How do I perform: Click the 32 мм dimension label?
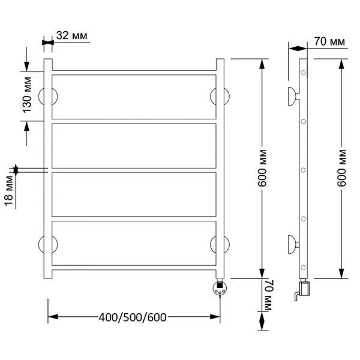tap(72, 36)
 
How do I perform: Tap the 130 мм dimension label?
tap(27, 95)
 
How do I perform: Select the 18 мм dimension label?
tap(10, 191)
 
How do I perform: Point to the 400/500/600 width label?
tap(133, 317)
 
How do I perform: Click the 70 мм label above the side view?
tap(329, 42)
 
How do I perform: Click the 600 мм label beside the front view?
tap(262, 169)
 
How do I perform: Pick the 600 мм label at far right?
tap(341, 169)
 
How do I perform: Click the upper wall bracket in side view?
tap(293, 97)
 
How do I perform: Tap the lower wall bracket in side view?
tap(293, 245)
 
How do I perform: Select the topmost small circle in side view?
tap(303, 73)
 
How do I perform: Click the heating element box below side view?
tap(305, 289)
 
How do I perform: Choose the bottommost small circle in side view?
tap(303, 267)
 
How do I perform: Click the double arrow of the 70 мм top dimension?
tap(298, 49)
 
